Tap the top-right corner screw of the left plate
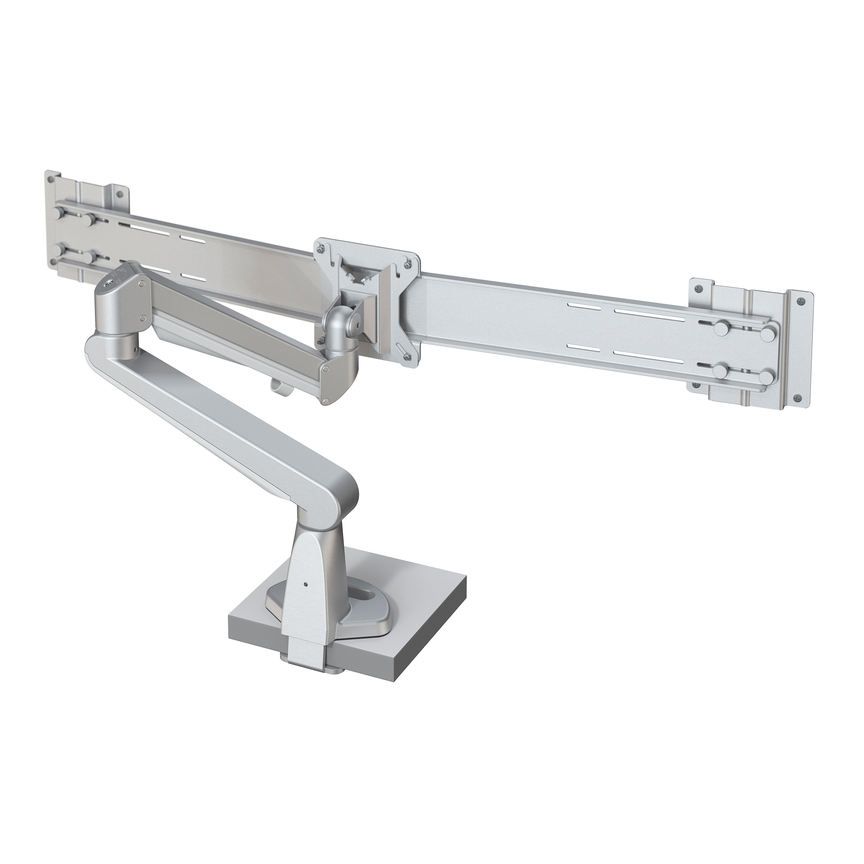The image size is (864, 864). coord(119,194)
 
